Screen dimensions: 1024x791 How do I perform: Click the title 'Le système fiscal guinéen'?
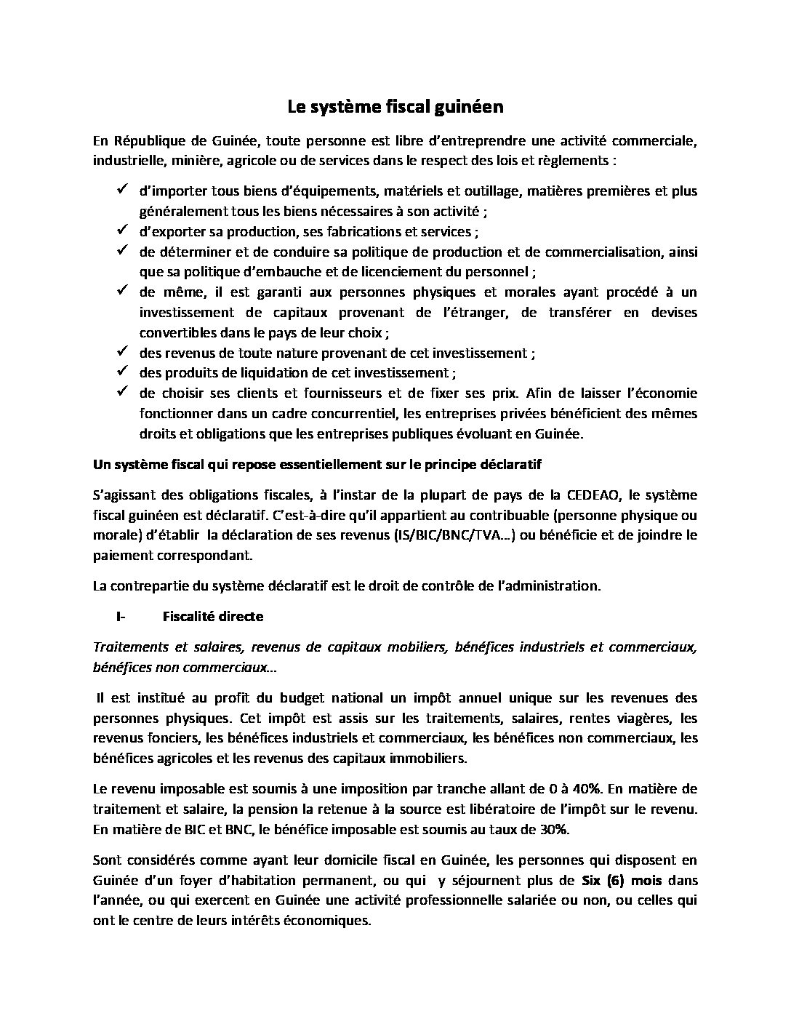[395, 108]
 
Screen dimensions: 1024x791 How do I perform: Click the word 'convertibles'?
[174, 332]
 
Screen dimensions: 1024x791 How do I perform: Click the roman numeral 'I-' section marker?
[121, 617]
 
